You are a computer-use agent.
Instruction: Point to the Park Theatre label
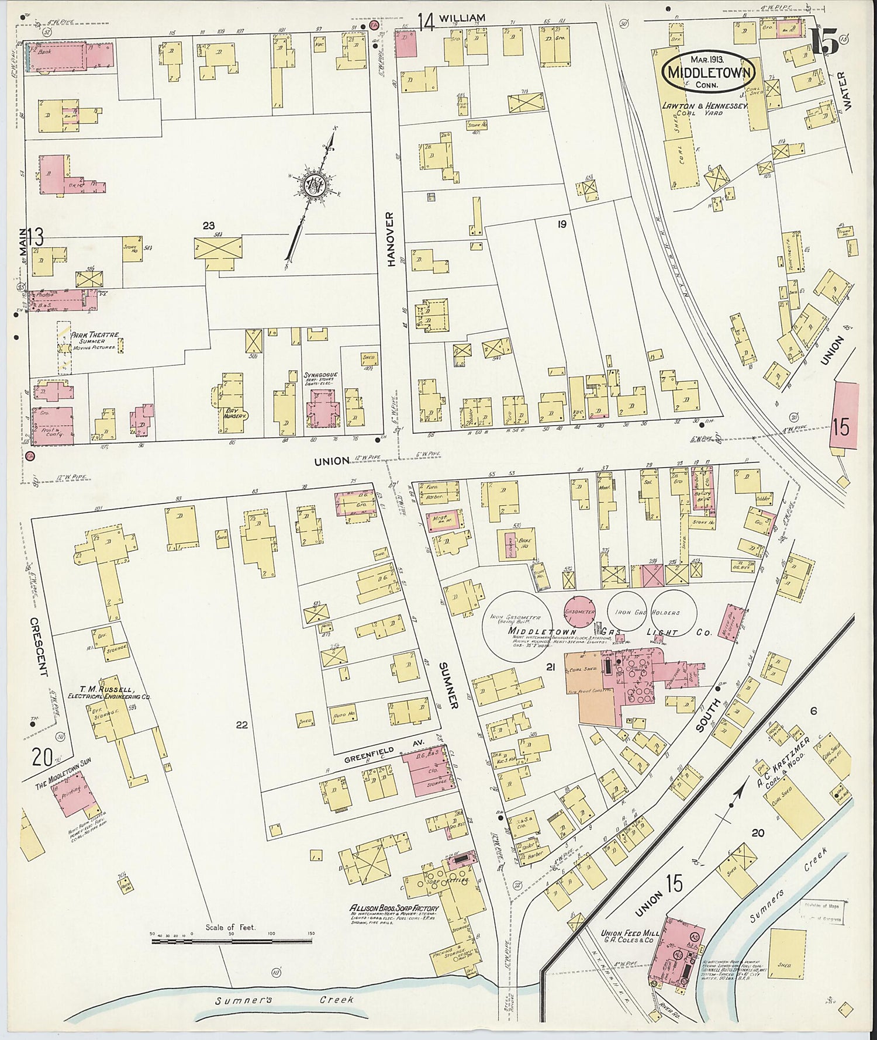click(95, 336)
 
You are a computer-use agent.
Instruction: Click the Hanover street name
click(391, 239)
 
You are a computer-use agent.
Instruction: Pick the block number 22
click(242, 725)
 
